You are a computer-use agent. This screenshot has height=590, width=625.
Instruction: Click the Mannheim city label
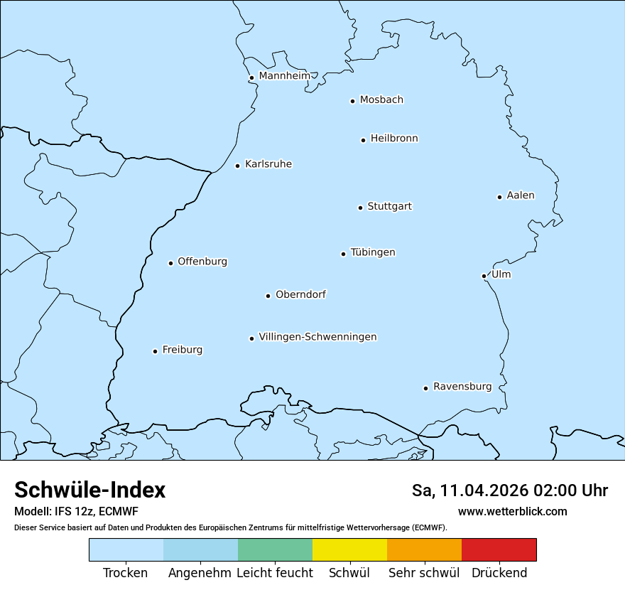tap(284, 75)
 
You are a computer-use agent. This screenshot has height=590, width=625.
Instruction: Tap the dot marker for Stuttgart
tap(360, 208)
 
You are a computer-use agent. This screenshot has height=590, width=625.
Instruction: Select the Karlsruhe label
tap(268, 164)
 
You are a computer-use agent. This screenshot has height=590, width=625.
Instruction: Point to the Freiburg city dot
tap(155, 351)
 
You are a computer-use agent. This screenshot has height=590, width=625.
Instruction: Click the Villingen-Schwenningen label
tap(317, 337)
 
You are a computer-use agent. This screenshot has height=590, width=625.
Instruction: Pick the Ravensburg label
tap(462, 387)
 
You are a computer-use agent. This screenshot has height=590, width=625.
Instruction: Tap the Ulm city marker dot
tap(484, 276)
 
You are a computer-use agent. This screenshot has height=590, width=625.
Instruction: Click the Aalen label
tap(521, 195)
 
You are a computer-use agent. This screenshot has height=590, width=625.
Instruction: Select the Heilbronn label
tap(394, 139)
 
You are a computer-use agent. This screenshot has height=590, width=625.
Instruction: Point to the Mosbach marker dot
tap(352, 101)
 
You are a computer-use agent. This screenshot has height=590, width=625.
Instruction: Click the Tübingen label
tap(373, 252)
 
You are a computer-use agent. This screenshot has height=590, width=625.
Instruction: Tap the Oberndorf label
tap(301, 294)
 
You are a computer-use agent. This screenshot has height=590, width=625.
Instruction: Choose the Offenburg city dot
tap(170, 263)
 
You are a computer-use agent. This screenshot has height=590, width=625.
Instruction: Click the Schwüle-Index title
tap(90, 490)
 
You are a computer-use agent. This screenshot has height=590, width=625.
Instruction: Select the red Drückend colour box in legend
tap(499, 550)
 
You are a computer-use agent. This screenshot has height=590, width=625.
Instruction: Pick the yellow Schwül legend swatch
tap(349, 550)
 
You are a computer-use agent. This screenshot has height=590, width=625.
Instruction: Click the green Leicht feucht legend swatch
tap(275, 550)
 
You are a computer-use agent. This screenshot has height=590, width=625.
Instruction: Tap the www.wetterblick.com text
tap(512, 511)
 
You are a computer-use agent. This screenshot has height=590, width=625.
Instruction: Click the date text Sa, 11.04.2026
tap(467, 490)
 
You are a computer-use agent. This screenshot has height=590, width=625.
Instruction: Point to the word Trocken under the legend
tap(126, 573)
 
